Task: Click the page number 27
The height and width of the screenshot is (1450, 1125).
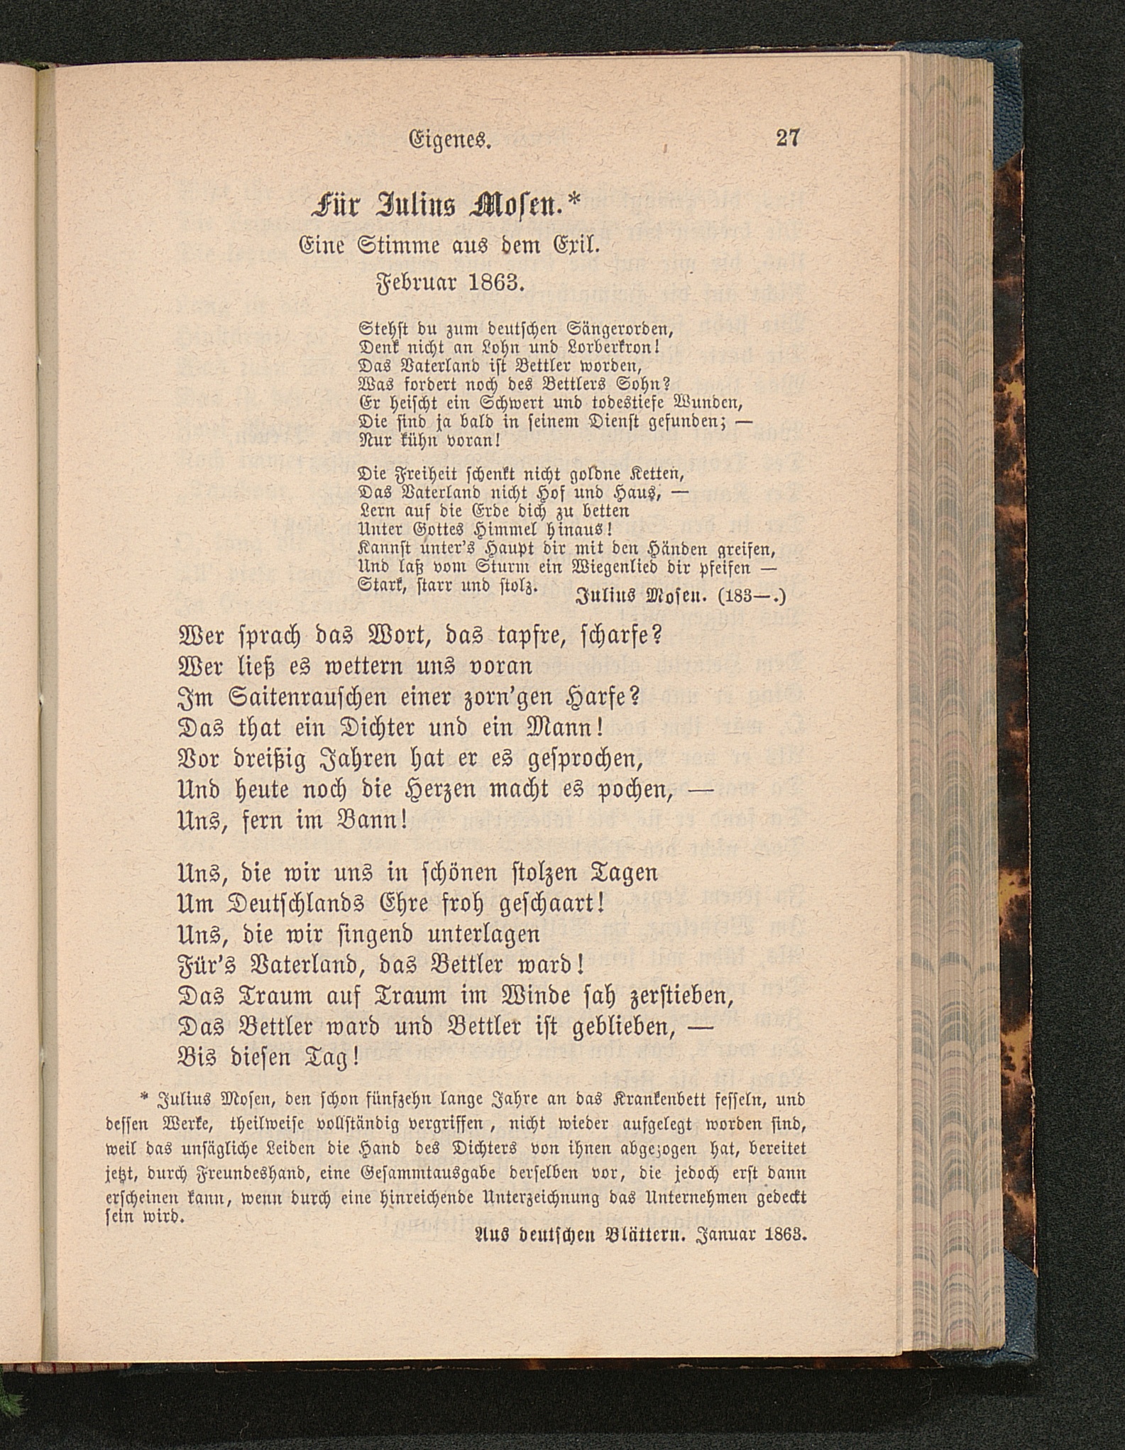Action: coord(788,138)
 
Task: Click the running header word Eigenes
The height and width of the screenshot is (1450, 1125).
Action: coord(451,140)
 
